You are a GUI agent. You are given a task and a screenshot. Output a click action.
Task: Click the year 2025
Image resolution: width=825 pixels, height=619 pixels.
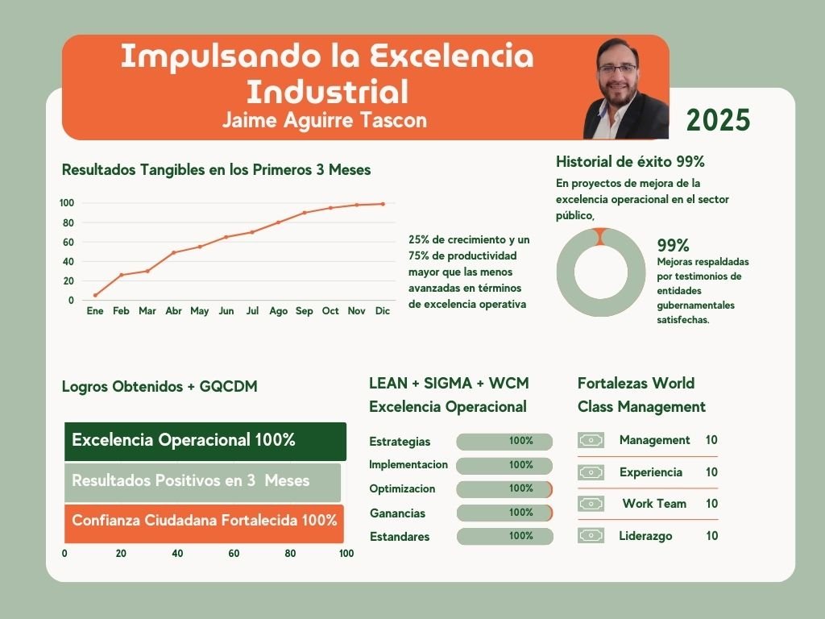[x=718, y=120]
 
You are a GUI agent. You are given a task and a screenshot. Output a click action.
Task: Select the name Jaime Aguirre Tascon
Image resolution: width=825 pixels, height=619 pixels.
[x=325, y=120]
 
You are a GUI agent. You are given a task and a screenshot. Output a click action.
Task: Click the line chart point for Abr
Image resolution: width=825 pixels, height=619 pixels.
[x=173, y=252]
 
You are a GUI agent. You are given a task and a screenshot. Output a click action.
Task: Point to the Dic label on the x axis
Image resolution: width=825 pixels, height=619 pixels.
[x=383, y=311]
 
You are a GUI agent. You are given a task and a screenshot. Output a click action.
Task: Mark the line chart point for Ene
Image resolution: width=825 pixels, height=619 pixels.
[x=95, y=295]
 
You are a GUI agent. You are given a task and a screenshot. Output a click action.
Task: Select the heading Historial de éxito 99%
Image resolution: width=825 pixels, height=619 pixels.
[x=630, y=161]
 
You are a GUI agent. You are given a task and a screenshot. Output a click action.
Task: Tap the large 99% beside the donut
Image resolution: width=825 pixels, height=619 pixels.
[x=673, y=246]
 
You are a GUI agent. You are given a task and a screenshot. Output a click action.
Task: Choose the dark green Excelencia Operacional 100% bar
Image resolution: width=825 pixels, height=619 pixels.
[x=205, y=441]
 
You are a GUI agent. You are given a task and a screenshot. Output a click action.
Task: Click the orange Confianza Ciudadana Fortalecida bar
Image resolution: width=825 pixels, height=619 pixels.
[x=205, y=521]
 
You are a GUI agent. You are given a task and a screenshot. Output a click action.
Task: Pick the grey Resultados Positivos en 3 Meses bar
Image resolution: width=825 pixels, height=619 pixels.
[x=203, y=481]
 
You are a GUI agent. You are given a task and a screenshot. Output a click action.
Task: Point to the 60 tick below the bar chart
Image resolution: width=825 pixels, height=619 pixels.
[x=234, y=554]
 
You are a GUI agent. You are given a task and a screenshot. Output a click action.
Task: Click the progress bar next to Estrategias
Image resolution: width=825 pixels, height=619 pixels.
[x=504, y=442]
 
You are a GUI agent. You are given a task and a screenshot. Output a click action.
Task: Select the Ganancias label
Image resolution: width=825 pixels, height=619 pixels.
[x=397, y=513]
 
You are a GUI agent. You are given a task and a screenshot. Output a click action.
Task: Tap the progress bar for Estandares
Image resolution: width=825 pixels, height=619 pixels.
[x=504, y=536]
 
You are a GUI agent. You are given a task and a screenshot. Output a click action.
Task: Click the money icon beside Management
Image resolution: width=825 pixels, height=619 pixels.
[x=591, y=440]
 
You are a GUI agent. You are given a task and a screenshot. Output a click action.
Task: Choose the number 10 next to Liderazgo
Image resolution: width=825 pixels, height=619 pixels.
[x=712, y=536]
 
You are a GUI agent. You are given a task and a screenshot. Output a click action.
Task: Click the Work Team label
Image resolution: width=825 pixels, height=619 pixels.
[x=655, y=504]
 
